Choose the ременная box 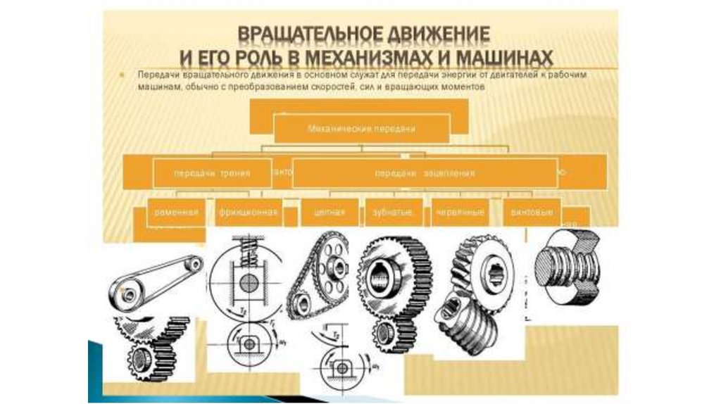pyautogui.click(x=176, y=212)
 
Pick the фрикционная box pyautogui.click(x=249, y=212)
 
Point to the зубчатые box pyautogui.click(x=394, y=212)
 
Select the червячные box pyautogui.click(x=460, y=212)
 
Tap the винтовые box pyautogui.click(x=532, y=212)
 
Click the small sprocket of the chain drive pyautogui.click(x=302, y=304)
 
